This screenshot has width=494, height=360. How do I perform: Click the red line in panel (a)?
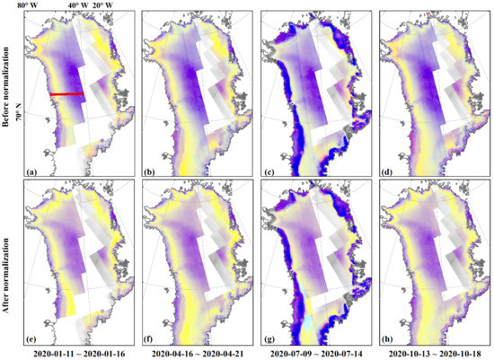pos(66,93)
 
